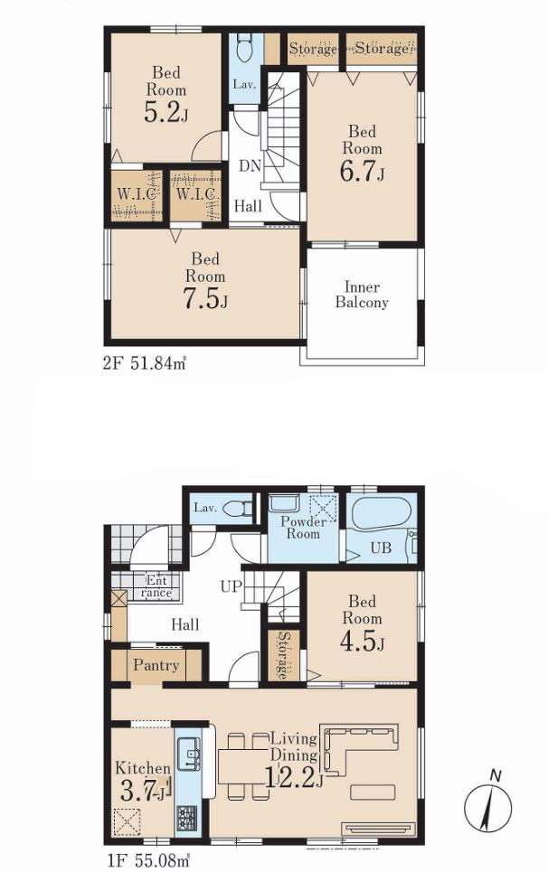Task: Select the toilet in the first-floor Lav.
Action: pos(241,509)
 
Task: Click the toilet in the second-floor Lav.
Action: pos(243,49)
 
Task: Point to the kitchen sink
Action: pos(189,755)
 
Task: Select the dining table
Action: pos(243,765)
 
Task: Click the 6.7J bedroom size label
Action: pos(363,172)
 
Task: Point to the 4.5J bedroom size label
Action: pos(363,641)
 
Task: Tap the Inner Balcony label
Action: pos(362,295)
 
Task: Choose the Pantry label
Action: pos(156,665)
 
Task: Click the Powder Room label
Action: pos(303,528)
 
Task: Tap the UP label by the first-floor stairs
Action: pos(231,586)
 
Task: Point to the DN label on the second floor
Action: pos(250,165)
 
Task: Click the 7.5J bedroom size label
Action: pos(206,299)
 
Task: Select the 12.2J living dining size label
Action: pos(293,776)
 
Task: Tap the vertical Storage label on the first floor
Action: pos(284,655)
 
